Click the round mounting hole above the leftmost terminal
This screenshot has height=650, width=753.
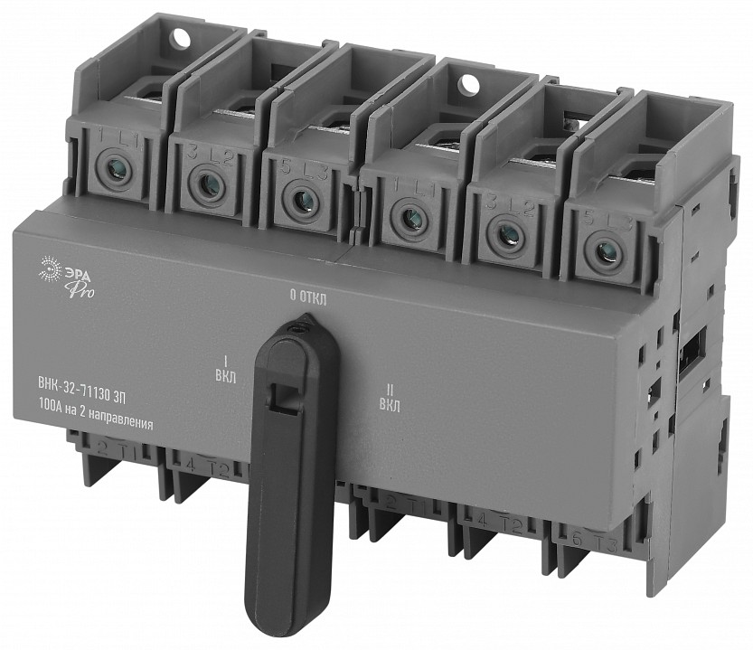point(179,39)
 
